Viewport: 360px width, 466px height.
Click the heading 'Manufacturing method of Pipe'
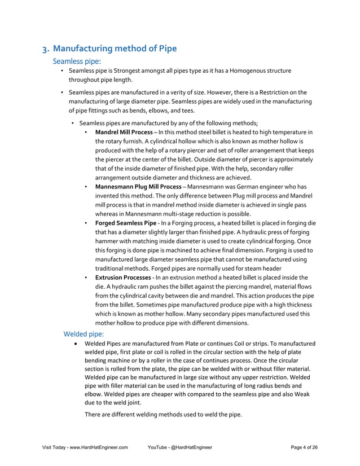tap(115, 49)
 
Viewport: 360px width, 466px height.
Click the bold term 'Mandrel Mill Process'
tap(124, 132)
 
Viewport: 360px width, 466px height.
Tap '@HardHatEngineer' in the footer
tap(188, 447)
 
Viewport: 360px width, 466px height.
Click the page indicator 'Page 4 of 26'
tap(304, 447)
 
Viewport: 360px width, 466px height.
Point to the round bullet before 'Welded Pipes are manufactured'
tap(73, 344)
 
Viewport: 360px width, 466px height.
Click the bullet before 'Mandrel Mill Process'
tap(85, 132)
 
